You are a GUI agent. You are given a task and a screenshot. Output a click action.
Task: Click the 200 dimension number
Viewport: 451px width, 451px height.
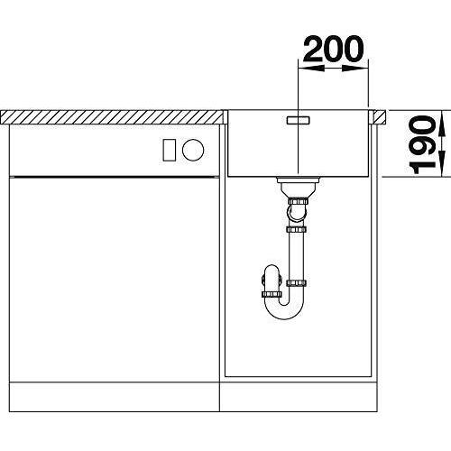334,49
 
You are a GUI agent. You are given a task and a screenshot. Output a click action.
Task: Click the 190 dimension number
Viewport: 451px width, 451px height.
423,145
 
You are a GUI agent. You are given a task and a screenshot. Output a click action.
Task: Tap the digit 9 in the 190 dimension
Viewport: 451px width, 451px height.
423,145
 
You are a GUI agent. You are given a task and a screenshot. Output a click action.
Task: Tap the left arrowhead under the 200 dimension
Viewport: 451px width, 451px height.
311,69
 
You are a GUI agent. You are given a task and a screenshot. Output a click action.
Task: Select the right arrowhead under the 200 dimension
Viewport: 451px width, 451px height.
355,69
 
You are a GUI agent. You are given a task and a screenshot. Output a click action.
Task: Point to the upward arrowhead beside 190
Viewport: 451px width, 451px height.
441,124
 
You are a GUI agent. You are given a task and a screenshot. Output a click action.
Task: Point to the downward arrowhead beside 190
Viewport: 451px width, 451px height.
441,163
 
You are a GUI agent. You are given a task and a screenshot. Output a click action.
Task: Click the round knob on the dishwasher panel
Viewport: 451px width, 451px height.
193,150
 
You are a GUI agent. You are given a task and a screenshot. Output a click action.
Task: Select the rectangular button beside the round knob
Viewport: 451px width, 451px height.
170,150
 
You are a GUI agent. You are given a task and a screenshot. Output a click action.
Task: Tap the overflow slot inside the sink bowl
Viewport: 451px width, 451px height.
298,120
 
